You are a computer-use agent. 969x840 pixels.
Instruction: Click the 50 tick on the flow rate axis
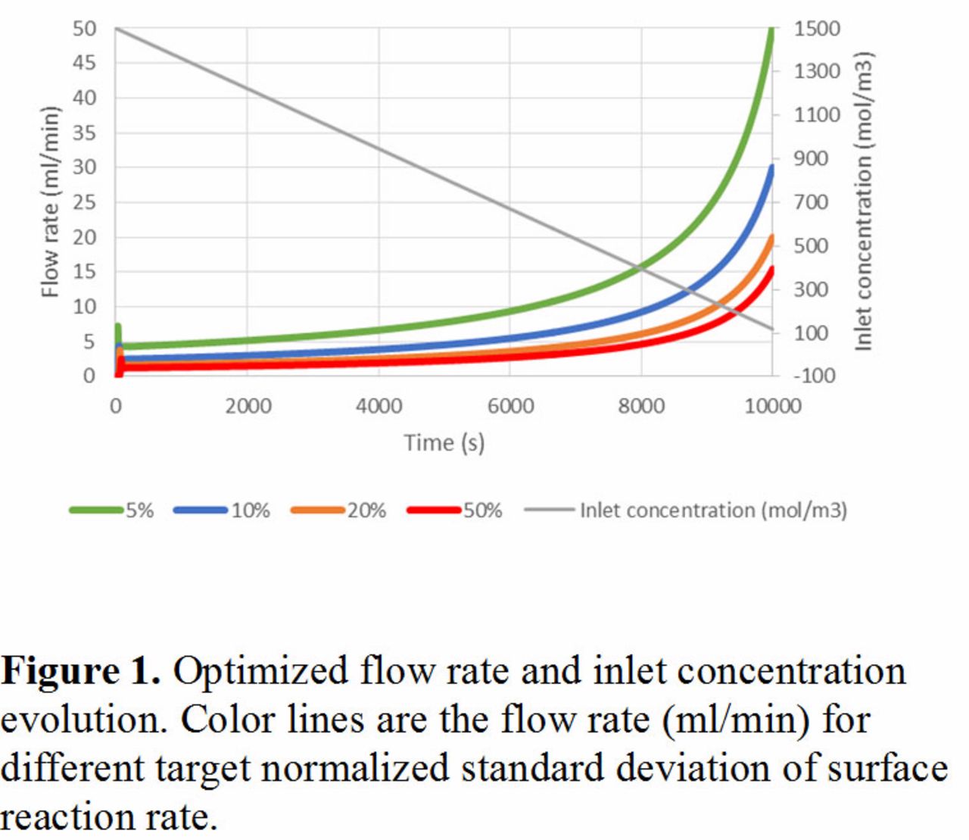click(84, 29)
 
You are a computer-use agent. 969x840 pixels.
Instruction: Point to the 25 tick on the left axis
click(84, 202)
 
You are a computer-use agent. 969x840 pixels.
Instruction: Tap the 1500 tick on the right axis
click(817, 29)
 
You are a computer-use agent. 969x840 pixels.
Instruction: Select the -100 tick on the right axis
click(815, 376)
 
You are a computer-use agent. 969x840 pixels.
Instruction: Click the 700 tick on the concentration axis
click(811, 202)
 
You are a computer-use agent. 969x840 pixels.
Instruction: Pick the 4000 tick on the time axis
click(379, 406)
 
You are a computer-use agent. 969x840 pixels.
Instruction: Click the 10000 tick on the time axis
click(773, 406)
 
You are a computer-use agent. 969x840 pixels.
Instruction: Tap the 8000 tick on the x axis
click(641, 406)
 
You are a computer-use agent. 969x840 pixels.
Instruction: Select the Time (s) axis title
click(444, 443)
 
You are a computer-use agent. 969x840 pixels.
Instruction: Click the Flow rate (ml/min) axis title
click(50, 201)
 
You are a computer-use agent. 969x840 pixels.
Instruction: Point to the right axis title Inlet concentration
click(864, 201)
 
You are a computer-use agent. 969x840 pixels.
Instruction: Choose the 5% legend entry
click(111, 511)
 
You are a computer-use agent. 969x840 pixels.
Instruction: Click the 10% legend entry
click(222, 511)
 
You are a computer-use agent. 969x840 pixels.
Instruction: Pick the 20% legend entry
click(338, 511)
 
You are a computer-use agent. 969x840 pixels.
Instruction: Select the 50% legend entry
click(455, 511)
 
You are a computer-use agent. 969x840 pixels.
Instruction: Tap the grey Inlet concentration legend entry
click(685, 511)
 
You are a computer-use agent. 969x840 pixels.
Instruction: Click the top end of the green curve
click(771, 29)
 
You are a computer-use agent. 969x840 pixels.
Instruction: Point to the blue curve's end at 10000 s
click(771, 167)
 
